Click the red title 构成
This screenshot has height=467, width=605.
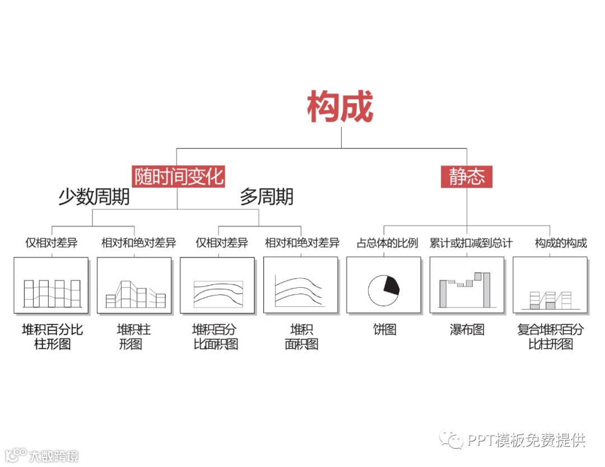pos(340,108)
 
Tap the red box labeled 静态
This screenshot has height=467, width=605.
pos(467,176)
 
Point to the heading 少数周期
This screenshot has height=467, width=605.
pos(94,197)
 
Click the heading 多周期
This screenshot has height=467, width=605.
pos(266,197)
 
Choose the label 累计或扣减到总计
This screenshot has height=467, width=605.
pos(471,243)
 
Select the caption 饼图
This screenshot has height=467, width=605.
pos(385,330)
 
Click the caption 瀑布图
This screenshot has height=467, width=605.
pos(467,330)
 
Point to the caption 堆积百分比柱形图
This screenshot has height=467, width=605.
pos(52,337)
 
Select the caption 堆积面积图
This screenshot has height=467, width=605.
pos(301,337)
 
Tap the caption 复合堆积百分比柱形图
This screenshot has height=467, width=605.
pos(550,337)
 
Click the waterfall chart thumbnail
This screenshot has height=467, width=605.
pos(467,285)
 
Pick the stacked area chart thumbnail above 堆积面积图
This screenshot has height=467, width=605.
pos(301,285)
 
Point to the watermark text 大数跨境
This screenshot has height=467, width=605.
pos(54,456)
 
